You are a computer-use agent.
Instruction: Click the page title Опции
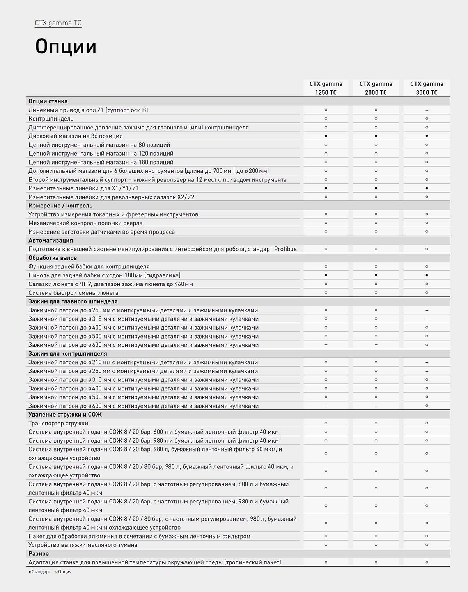[66, 47]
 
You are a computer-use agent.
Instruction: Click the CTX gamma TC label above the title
[58, 23]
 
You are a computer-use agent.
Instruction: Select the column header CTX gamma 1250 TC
[326, 88]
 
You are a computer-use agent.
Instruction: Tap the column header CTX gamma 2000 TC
[376, 88]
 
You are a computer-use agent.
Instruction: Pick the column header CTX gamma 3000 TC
[427, 88]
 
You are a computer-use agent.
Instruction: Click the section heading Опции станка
[48, 101]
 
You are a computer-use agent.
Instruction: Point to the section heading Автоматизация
[51, 241]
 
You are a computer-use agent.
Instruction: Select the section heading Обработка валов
[53, 258]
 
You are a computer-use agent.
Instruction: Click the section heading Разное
[39, 554]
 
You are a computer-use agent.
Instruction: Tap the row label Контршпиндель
[51, 119]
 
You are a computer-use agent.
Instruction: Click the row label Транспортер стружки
[58, 423]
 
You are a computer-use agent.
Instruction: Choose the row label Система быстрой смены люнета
[73, 293]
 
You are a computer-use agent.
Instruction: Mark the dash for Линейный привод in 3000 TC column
[427, 110]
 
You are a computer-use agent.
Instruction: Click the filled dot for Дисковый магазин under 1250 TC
[326, 136]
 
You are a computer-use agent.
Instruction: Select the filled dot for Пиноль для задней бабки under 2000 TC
[376, 275]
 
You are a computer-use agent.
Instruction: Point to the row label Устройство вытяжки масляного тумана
[83, 545]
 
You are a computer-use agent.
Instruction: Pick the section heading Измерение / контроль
[60, 206]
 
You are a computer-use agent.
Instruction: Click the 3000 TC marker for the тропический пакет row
[427, 562]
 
